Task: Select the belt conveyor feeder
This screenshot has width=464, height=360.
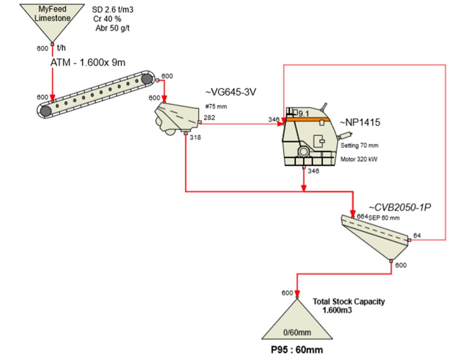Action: click(x=97, y=94)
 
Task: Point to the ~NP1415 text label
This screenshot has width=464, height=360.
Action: click(x=360, y=123)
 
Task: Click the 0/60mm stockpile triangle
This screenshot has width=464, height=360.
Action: click(x=296, y=323)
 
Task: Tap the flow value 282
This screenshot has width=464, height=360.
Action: click(x=209, y=117)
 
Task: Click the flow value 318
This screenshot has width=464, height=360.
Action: click(x=195, y=138)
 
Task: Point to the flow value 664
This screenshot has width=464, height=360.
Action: click(x=363, y=216)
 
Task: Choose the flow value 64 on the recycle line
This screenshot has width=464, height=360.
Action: click(x=417, y=235)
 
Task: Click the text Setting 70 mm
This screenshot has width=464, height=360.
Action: click(x=359, y=145)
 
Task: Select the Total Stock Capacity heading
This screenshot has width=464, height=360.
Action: click(x=349, y=301)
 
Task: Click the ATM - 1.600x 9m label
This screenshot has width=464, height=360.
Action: click(x=88, y=63)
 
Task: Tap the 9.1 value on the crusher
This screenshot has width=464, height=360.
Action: click(x=303, y=114)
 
